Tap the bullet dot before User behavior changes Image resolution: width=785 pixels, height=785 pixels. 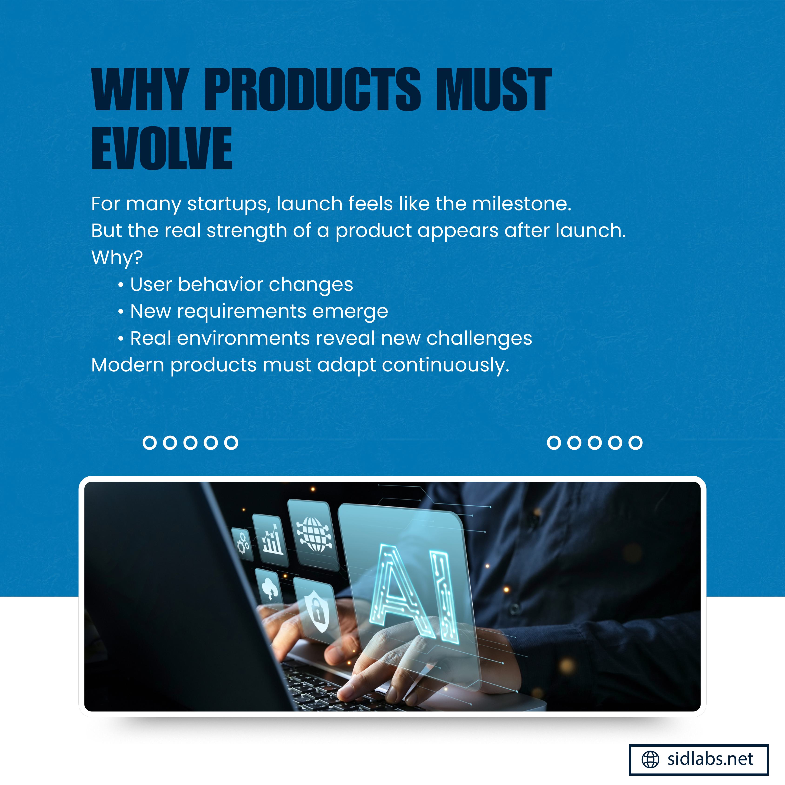[121, 285]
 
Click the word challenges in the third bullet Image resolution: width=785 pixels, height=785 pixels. [479, 338]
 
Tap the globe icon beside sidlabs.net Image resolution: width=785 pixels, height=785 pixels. [650, 759]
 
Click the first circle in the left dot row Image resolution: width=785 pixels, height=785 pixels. [150, 442]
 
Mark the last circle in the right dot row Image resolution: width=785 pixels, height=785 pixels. [635, 442]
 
